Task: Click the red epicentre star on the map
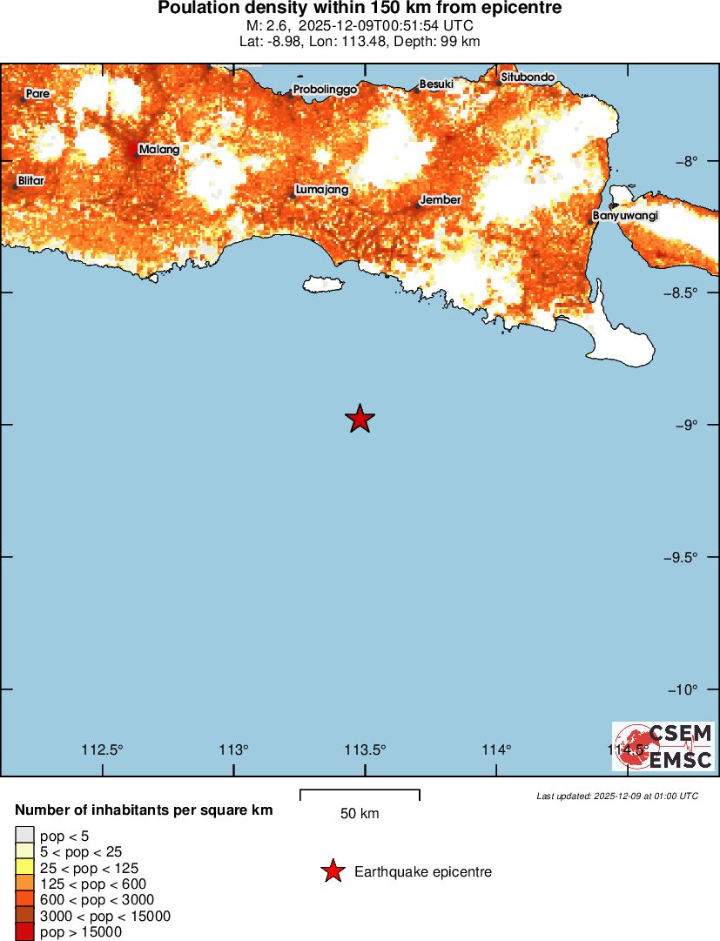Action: tap(360, 419)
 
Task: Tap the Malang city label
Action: tap(159, 150)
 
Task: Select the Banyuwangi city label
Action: tap(624, 215)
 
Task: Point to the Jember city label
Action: tap(441, 200)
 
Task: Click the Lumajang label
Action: tap(322, 190)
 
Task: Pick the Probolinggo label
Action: tap(326, 90)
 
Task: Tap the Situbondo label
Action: tap(528, 77)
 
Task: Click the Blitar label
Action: tap(30, 181)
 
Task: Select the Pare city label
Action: tap(37, 93)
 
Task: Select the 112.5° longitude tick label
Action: tap(103, 749)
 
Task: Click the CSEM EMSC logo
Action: tap(663, 746)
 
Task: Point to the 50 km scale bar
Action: tap(360, 795)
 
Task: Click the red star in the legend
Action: tap(332, 871)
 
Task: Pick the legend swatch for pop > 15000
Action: tap(24, 932)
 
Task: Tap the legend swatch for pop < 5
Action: tap(24, 837)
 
